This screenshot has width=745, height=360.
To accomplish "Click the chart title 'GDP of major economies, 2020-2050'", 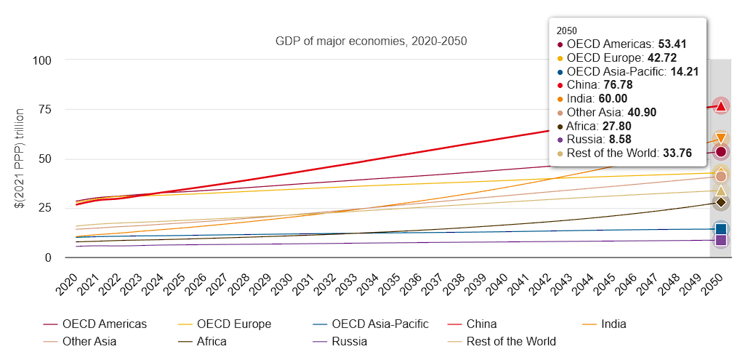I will tap(371, 41).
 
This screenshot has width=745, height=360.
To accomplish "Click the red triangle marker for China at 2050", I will tap(720, 106).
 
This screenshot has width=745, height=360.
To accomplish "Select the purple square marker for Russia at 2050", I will tap(720, 240).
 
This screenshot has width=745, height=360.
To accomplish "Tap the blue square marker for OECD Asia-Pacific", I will tap(720, 229).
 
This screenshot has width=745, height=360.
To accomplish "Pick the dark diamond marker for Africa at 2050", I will tap(720, 202).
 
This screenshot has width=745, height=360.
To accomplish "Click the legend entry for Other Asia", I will tap(89, 341).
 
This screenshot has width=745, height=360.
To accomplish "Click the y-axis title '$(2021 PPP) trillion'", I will tap(20, 159).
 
